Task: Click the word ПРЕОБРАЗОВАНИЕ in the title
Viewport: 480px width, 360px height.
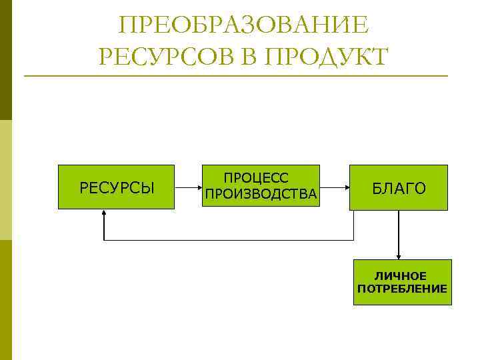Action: click(x=243, y=26)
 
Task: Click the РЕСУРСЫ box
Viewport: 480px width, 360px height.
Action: click(x=117, y=187)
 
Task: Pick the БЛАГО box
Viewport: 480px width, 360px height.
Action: click(x=399, y=187)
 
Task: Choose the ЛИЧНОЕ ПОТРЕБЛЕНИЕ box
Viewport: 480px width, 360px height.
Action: click(x=402, y=282)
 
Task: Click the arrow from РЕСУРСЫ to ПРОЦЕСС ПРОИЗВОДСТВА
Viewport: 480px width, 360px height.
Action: click(x=188, y=187)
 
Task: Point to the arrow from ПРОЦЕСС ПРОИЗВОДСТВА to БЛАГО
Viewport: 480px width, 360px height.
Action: click(x=335, y=187)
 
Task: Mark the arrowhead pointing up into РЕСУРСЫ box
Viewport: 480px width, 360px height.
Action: click(x=105, y=214)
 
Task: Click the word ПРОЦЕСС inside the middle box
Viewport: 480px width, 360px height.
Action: click(x=256, y=178)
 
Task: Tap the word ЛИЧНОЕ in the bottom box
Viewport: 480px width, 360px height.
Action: click(x=400, y=275)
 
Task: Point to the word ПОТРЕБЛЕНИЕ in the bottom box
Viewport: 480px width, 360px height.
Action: click(x=402, y=289)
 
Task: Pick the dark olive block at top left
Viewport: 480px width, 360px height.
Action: click(x=6, y=60)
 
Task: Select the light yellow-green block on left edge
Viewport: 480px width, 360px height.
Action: click(x=6, y=180)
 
